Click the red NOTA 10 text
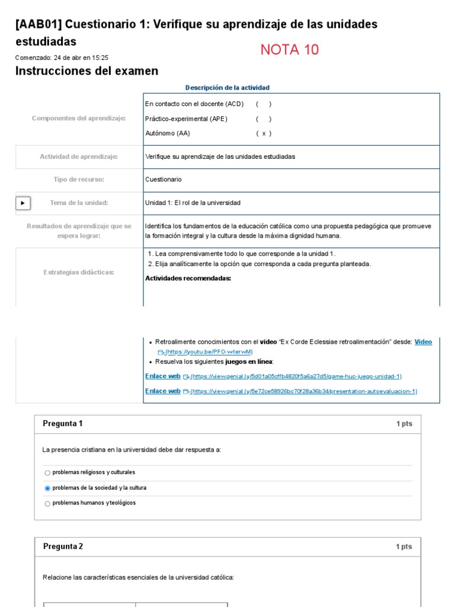(x=289, y=50)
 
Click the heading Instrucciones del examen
(x=86, y=71)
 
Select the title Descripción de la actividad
(x=227, y=88)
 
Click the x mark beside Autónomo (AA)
(x=264, y=133)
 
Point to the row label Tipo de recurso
(x=79, y=179)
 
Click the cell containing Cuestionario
(x=164, y=179)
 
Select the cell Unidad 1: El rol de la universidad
(x=193, y=203)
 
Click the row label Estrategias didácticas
(x=79, y=272)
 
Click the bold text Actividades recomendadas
(x=188, y=279)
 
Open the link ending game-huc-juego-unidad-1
(x=296, y=376)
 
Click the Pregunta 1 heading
(x=63, y=423)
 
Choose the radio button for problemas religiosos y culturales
(x=47, y=473)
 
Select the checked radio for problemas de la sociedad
(x=47, y=488)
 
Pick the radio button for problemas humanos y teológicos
(x=47, y=504)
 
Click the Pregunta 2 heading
(x=63, y=547)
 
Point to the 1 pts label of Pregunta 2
(x=404, y=547)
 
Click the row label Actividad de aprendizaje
(x=79, y=156)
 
